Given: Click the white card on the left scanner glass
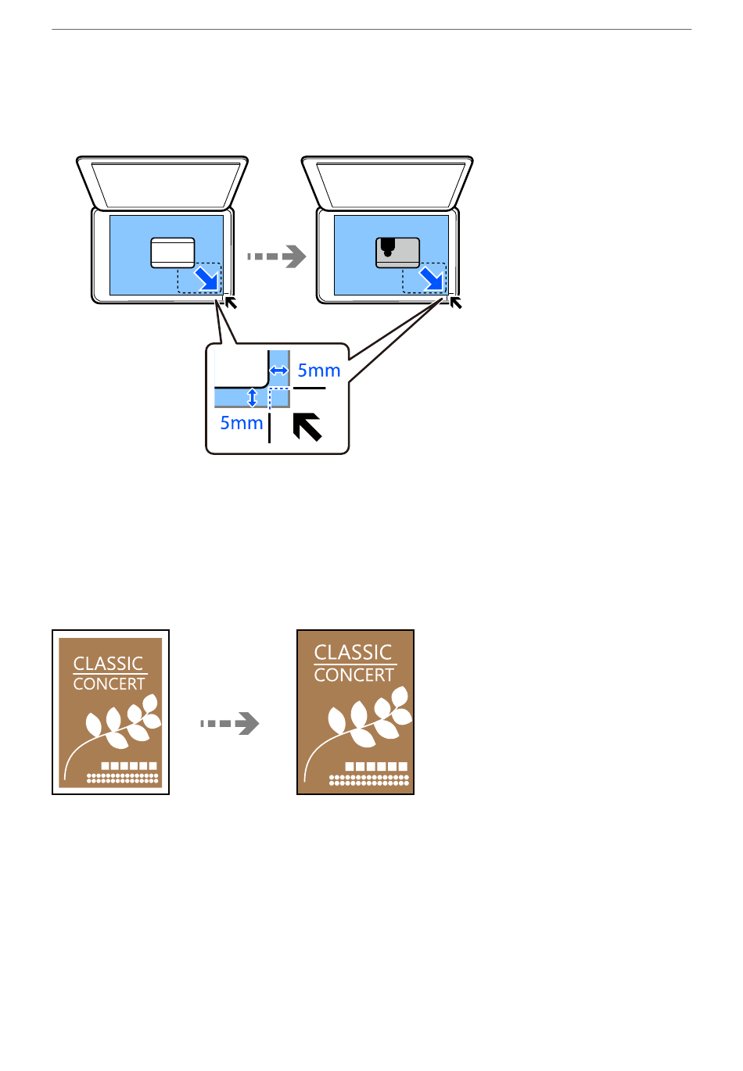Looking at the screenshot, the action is click(x=172, y=253).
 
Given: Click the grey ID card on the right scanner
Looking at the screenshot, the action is click(x=397, y=253).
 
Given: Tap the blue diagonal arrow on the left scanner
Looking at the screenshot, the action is click(x=206, y=279).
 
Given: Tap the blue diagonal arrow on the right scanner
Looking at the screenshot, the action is click(x=432, y=279).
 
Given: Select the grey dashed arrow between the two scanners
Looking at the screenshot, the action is click(x=277, y=256).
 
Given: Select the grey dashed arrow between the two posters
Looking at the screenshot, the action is click(x=230, y=723).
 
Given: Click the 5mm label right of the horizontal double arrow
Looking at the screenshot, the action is click(x=318, y=371).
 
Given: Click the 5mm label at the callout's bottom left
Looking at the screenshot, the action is click(x=241, y=423).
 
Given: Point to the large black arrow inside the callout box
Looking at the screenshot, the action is click(x=307, y=427).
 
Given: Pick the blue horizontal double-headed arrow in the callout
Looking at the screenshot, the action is click(x=278, y=370).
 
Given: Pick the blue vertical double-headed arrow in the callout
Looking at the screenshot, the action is click(x=252, y=398).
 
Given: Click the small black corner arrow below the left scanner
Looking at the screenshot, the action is click(x=231, y=303).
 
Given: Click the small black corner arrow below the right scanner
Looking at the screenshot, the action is click(x=456, y=303).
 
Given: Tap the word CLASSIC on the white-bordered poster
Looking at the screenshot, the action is click(x=108, y=664).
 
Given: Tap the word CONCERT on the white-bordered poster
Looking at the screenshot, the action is click(x=109, y=684).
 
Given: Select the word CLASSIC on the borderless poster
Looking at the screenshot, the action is click(x=353, y=653).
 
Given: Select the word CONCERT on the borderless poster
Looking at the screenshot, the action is click(x=354, y=675).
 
